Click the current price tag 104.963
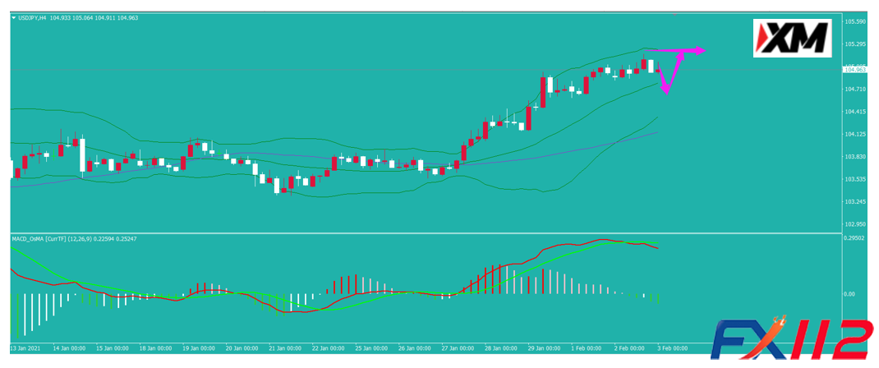(x=857, y=70)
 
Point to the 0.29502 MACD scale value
(x=857, y=238)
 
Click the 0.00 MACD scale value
(x=851, y=293)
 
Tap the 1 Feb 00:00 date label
(x=588, y=347)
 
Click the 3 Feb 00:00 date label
(x=673, y=347)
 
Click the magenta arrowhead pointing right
(x=700, y=51)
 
